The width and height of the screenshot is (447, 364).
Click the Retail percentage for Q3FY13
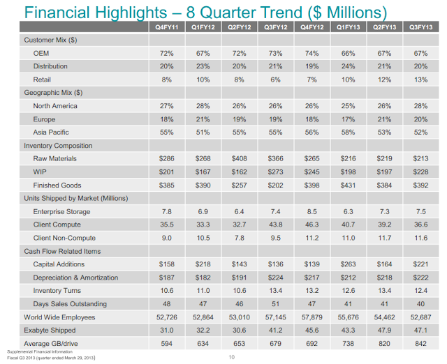pyautogui.click(x=421, y=79)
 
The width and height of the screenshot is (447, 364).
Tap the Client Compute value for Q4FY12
pyautogui.click(x=312, y=225)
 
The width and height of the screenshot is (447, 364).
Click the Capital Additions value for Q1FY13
pyautogui.click(x=348, y=265)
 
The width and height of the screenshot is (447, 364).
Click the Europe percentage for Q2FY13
pyautogui.click(x=385, y=119)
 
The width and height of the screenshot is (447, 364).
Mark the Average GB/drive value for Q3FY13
pyautogui.click(x=421, y=344)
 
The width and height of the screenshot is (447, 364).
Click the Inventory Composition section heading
pyautogui.click(x=58, y=146)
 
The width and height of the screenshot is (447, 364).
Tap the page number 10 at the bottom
pyautogui.click(x=233, y=358)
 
